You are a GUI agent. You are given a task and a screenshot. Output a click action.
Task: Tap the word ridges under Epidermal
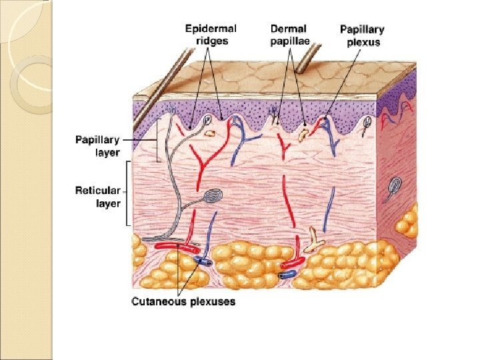pyautogui.click(x=212, y=41)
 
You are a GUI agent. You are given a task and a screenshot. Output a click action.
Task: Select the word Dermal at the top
pyautogui.click(x=289, y=29)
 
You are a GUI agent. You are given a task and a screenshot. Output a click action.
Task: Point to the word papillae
pyautogui.click(x=289, y=41)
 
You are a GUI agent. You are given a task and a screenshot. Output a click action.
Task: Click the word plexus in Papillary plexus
pyautogui.click(x=363, y=42)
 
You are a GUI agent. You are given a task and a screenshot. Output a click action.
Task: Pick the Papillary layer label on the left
pyautogui.click(x=97, y=146)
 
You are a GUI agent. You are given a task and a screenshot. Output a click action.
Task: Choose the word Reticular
pyautogui.click(x=97, y=191)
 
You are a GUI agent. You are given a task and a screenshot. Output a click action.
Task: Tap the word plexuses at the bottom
pyautogui.click(x=211, y=302)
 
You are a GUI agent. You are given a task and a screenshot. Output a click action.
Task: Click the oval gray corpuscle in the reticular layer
pyautogui.click(x=213, y=196)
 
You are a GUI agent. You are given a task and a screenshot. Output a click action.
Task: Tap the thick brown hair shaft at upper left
pyautogui.click(x=157, y=93)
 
